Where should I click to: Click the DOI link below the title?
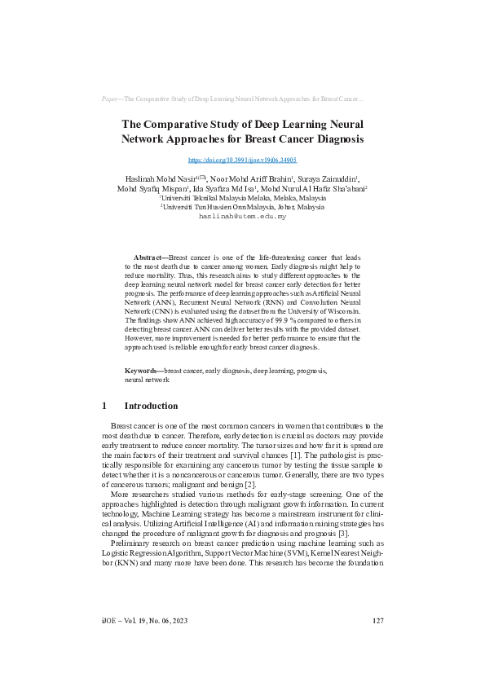click(242, 161)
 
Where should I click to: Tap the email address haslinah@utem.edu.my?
click(242, 218)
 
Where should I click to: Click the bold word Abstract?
click(148, 257)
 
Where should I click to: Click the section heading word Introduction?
click(151, 406)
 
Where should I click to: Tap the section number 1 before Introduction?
click(104, 406)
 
